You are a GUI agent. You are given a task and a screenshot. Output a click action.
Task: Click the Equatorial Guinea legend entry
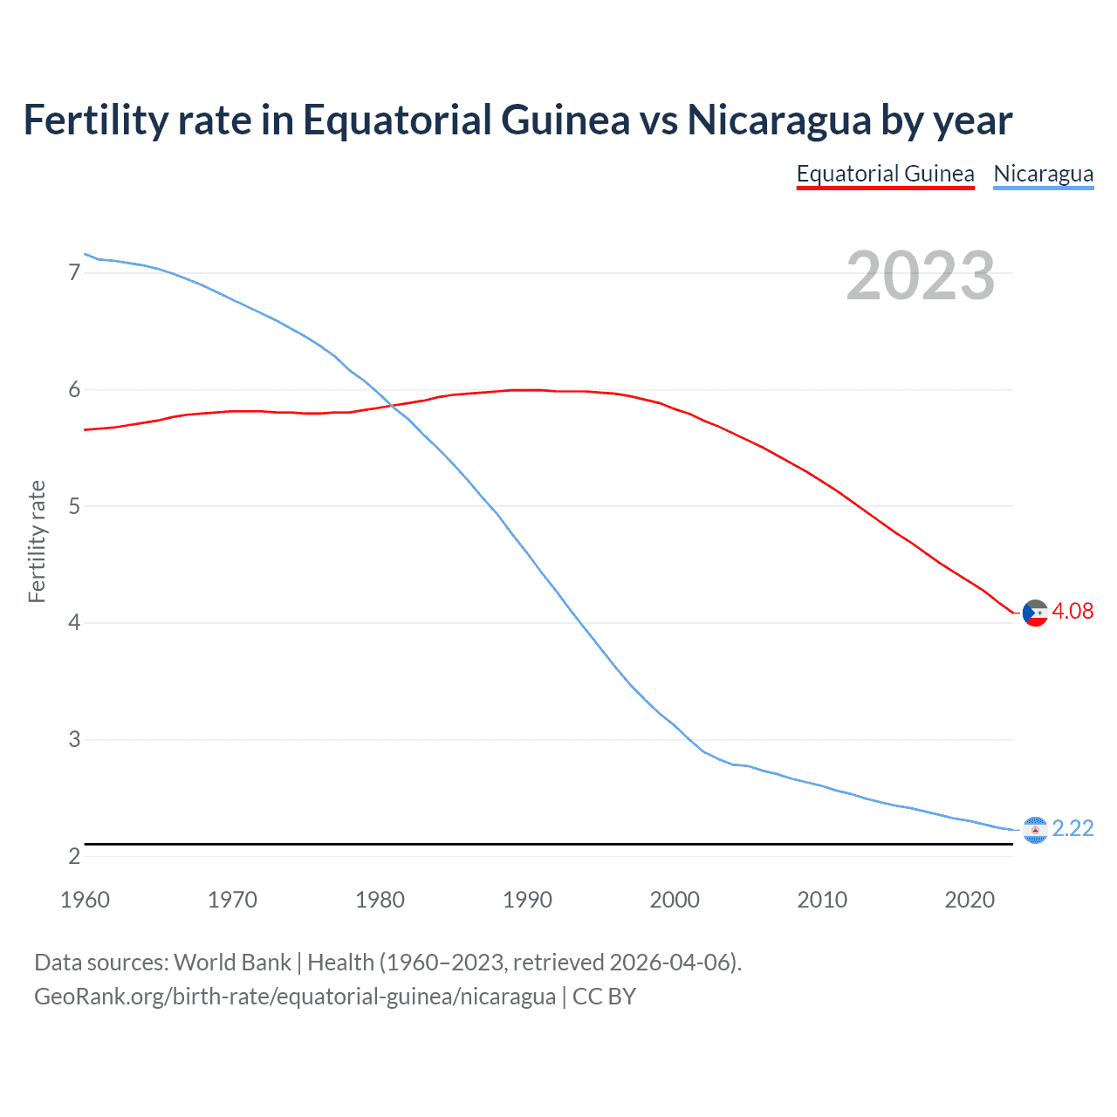point(885,174)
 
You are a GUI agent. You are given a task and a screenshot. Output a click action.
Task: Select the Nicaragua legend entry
point(1043,174)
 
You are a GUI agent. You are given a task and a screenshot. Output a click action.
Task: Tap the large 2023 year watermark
point(920,276)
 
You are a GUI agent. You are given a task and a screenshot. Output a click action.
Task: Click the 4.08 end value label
point(1072,611)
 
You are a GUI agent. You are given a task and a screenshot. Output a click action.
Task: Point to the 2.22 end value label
point(1072,828)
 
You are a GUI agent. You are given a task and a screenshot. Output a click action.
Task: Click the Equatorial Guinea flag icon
point(1034,613)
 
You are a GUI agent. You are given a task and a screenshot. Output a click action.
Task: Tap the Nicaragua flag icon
point(1034,830)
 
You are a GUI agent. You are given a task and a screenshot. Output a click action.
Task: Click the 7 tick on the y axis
point(74,273)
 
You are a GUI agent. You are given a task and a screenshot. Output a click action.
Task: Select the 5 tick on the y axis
point(74,506)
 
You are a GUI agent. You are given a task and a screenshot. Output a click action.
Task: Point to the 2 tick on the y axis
point(74,856)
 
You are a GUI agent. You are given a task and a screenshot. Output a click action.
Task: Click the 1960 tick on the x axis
point(85,900)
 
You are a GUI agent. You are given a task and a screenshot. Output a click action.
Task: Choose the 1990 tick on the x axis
point(527,900)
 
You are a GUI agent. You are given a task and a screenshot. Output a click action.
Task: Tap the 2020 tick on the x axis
point(970,900)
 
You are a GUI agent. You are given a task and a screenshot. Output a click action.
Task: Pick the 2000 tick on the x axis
point(675,900)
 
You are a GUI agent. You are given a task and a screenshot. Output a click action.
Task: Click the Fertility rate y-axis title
point(37,541)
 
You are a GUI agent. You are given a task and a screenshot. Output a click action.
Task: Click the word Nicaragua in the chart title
point(779,120)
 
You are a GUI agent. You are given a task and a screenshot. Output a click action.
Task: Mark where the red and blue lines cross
point(389,406)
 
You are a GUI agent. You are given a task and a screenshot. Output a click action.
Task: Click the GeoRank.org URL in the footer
point(294,997)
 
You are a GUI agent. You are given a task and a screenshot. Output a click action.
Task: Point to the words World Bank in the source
point(232,963)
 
